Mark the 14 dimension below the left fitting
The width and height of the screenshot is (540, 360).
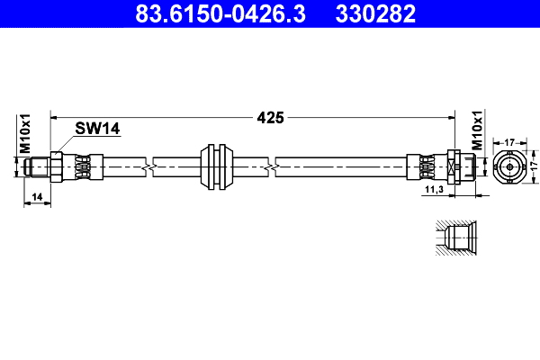[x=36, y=195]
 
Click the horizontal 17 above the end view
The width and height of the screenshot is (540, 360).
[x=509, y=140]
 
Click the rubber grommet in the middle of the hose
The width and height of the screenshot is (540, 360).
[x=217, y=166]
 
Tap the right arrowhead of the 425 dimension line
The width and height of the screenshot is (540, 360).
[x=447, y=116]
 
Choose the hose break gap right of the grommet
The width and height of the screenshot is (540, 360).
[x=272, y=166]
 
